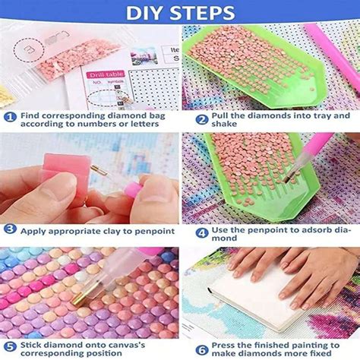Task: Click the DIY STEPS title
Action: [x=179, y=13]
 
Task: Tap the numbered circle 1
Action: [x=10, y=117]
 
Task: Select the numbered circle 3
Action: [x=10, y=230]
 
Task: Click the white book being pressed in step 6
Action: [x=251, y=296]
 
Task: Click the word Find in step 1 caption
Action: [x=31, y=117]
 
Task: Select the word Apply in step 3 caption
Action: [x=35, y=231]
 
